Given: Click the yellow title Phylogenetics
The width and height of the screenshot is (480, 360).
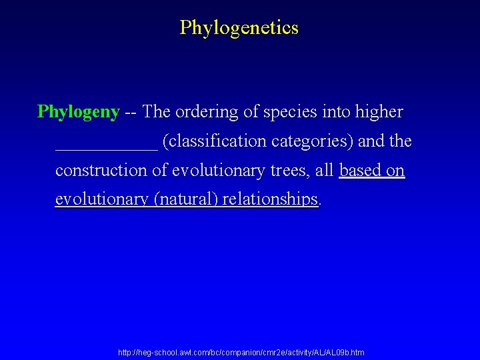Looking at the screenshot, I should pyautogui.click(x=239, y=28).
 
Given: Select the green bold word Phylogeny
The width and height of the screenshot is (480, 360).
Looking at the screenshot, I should pyautogui.click(x=79, y=112).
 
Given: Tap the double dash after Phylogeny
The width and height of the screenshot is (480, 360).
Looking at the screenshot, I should pyautogui.click(x=131, y=112).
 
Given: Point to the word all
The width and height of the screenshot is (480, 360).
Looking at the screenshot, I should pyautogui.click(x=325, y=171).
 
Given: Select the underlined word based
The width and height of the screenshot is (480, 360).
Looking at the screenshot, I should pyautogui.click(x=361, y=171).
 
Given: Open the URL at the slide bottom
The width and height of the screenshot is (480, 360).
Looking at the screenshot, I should pyautogui.click(x=241, y=352).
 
